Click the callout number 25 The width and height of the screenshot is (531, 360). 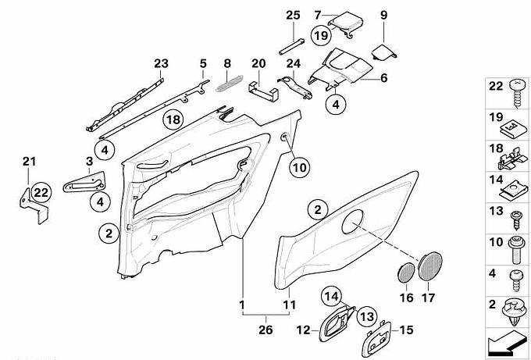point(292,16)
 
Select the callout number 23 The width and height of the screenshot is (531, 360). point(161,62)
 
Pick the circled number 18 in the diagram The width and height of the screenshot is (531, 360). point(173,119)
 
